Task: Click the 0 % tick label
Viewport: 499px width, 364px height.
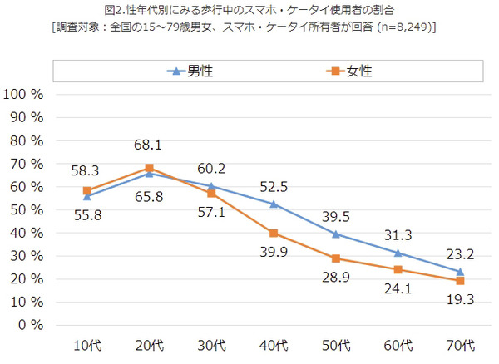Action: point(31,324)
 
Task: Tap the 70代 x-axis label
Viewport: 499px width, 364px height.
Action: point(460,345)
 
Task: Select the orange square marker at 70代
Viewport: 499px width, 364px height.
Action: point(460,280)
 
